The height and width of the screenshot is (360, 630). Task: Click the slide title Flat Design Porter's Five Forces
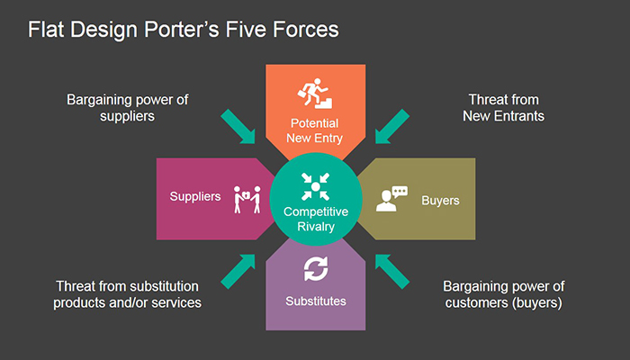pyautogui.click(x=184, y=30)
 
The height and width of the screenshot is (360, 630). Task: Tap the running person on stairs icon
pyautogui.click(x=315, y=94)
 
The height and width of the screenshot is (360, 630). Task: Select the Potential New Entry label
pyautogui.click(x=315, y=130)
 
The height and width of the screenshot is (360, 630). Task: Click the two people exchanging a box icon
pyautogui.click(x=247, y=199)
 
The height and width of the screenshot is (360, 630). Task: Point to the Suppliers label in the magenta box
pyautogui.click(x=195, y=196)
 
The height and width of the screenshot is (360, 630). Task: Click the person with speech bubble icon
pyautogui.click(x=391, y=199)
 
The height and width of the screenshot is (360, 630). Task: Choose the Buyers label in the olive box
pyautogui.click(x=440, y=201)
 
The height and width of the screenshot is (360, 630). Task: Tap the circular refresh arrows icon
pyautogui.click(x=316, y=269)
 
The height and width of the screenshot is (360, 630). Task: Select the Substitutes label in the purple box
pyautogui.click(x=316, y=301)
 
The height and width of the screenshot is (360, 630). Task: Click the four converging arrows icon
pyautogui.click(x=315, y=186)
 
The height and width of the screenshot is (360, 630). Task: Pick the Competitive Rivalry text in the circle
pyautogui.click(x=316, y=219)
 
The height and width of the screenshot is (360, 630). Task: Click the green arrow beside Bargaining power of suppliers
pyautogui.click(x=238, y=126)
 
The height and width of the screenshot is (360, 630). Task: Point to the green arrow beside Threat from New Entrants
pyautogui.click(x=392, y=126)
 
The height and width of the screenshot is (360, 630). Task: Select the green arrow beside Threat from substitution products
pyautogui.click(x=238, y=272)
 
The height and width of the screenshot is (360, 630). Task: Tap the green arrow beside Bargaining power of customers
pyautogui.click(x=392, y=272)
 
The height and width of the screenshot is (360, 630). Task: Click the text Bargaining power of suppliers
pyautogui.click(x=128, y=108)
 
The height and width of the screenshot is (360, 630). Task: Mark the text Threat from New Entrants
pyautogui.click(x=503, y=108)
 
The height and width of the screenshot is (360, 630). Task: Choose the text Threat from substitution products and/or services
pyautogui.click(x=128, y=294)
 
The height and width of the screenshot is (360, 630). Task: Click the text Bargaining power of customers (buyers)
pyautogui.click(x=503, y=294)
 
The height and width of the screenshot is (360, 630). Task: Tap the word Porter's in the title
pyautogui.click(x=182, y=30)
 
